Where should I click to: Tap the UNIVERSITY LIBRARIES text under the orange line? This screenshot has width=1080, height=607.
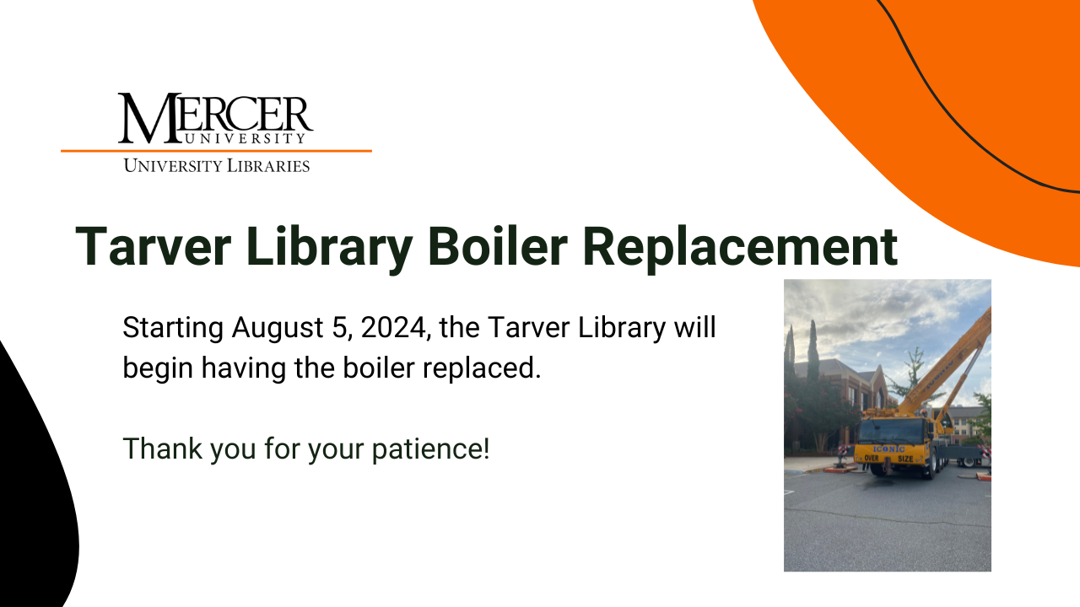(217, 165)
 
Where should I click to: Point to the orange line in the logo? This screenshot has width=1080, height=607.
(216, 151)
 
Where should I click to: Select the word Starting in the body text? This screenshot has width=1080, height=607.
(173, 327)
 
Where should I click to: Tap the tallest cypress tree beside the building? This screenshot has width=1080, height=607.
(813, 350)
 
